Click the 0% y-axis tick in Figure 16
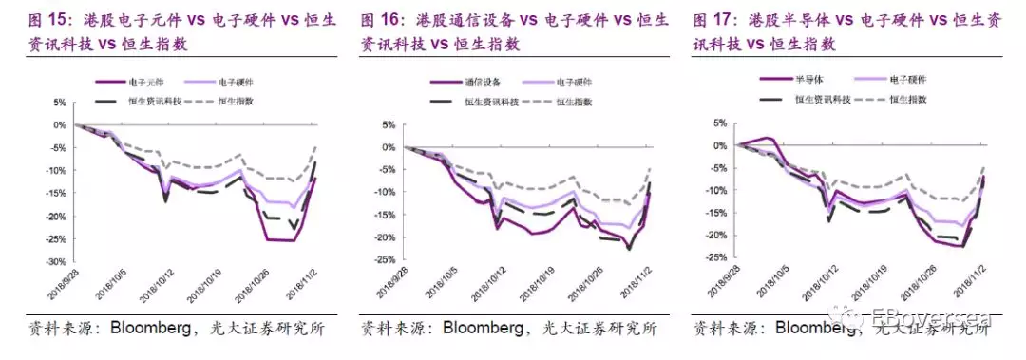click(389, 147)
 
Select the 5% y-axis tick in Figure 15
click(58, 103)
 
